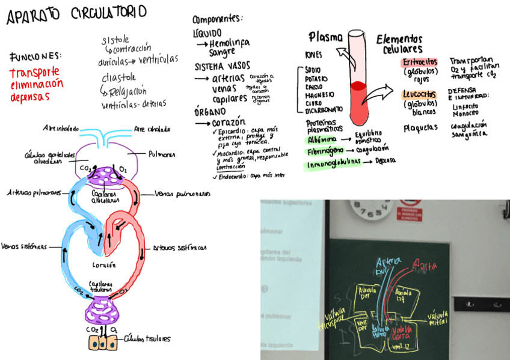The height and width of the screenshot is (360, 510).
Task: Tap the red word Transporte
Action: (34, 73)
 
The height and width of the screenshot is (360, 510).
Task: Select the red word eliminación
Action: (36, 85)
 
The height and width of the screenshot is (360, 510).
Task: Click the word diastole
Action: (118, 78)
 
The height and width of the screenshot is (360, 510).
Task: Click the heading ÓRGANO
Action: (210, 111)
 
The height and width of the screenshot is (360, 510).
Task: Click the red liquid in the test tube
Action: (358, 99)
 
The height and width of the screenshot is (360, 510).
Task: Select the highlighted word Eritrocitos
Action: (419, 63)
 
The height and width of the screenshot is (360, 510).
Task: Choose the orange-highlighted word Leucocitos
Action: (419, 94)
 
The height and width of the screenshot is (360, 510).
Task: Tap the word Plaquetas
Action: (420, 128)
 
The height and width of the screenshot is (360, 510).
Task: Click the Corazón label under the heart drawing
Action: (104, 264)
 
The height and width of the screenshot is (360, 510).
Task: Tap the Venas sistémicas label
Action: (24, 246)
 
